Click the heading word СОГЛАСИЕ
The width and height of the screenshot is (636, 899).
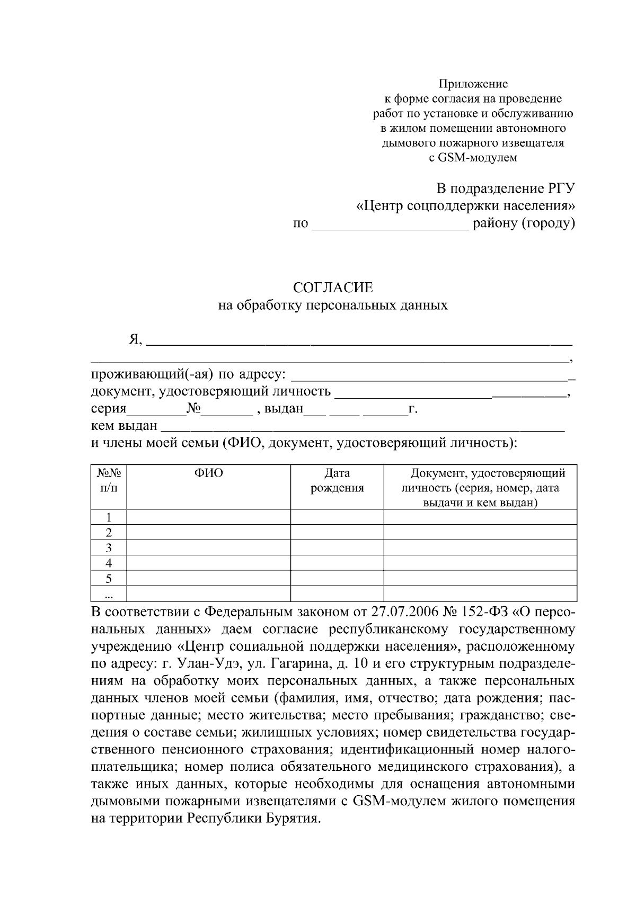333,287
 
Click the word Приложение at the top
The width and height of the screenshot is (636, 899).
473,84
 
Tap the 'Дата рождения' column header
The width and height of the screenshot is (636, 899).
337,481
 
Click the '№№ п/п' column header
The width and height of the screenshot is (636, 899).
109,481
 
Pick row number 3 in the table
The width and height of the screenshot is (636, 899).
109,547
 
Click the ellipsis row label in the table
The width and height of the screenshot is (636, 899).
109,595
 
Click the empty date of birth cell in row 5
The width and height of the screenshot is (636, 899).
337,578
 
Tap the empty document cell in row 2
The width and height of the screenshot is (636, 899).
480,532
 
